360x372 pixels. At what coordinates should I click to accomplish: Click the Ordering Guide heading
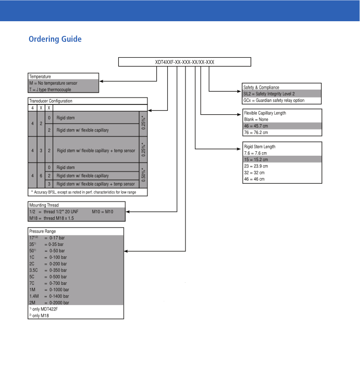click(x=55, y=39)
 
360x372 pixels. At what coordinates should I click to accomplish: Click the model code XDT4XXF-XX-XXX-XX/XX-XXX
click(x=184, y=62)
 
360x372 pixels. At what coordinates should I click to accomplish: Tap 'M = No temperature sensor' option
click(x=53, y=83)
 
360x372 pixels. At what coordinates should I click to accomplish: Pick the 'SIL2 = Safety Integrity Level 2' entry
click(x=269, y=94)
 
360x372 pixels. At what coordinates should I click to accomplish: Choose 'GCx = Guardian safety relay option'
click(x=274, y=100)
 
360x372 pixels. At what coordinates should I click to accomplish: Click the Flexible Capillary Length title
click(x=265, y=113)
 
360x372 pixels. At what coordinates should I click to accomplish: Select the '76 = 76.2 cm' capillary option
click(x=256, y=133)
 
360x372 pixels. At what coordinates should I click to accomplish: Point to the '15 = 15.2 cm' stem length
click(x=256, y=160)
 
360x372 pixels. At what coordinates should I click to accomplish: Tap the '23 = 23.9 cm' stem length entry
click(x=256, y=166)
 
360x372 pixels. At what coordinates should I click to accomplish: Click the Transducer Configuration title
click(x=51, y=101)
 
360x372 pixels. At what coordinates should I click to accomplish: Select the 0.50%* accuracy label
click(x=143, y=175)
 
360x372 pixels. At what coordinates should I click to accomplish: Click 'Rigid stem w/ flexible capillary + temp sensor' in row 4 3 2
click(x=96, y=150)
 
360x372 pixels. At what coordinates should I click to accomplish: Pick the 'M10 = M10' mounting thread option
click(x=103, y=211)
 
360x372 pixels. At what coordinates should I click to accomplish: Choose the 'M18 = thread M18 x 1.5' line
click(x=51, y=218)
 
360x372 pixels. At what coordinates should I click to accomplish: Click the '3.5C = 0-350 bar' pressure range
click(x=47, y=271)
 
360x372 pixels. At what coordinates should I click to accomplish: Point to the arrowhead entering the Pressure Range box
click(x=126, y=251)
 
